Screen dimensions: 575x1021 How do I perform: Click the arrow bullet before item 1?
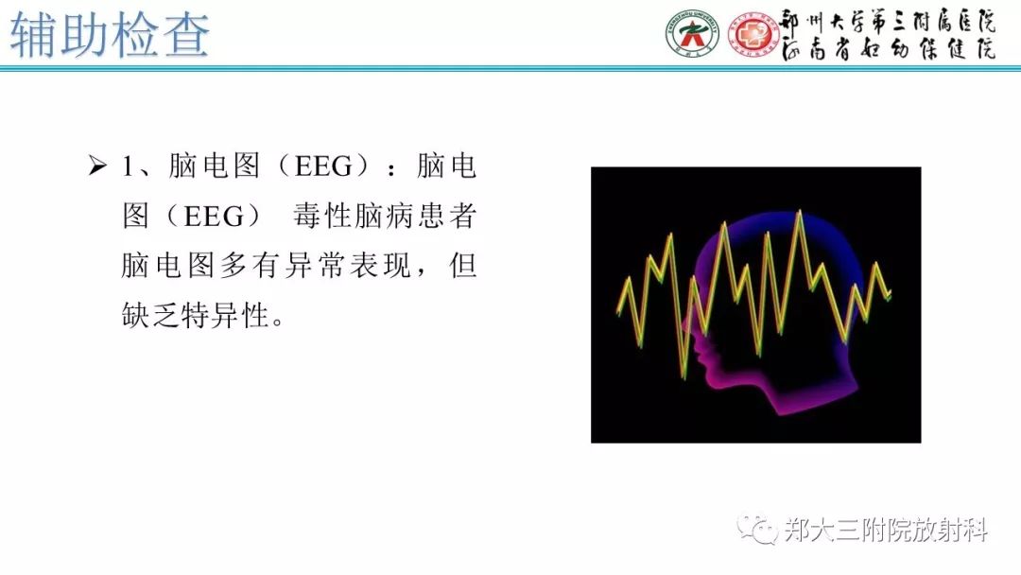tap(97, 167)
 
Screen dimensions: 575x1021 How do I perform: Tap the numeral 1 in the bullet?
tap(129, 167)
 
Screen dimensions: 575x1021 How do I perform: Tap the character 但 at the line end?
tap(462, 266)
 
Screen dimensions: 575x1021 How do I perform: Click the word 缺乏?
tap(151, 315)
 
